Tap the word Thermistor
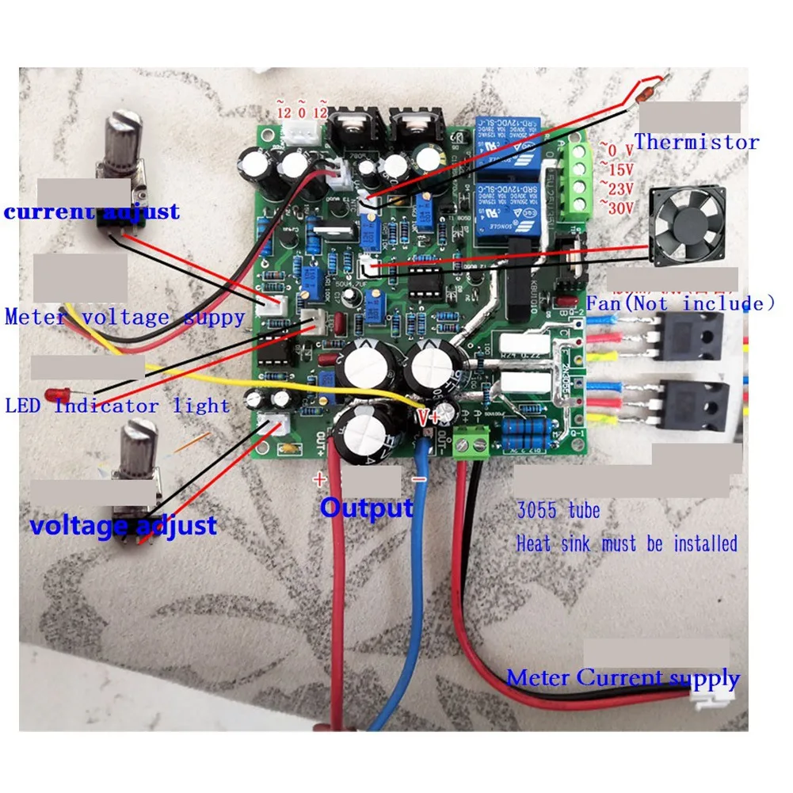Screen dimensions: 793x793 pyautogui.click(x=696, y=143)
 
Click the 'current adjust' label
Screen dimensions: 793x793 pyautogui.click(x=92, y=212)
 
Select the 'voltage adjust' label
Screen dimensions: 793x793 pyautogui.click(x=123, y=525)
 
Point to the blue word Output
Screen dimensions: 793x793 pyautogui.click(x=366, y=508)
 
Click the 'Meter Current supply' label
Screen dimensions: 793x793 pyautogui.click(x=623, y=678)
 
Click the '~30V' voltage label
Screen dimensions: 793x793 pyautogui.click(x=617, y=208)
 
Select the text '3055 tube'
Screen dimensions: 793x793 pyautogui.click(x=558, y=509)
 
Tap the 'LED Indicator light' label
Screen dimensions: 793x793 pyautogui.click(x=117, y=406)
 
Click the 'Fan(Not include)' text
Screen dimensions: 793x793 pyautogui.click(x=680, y=303)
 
